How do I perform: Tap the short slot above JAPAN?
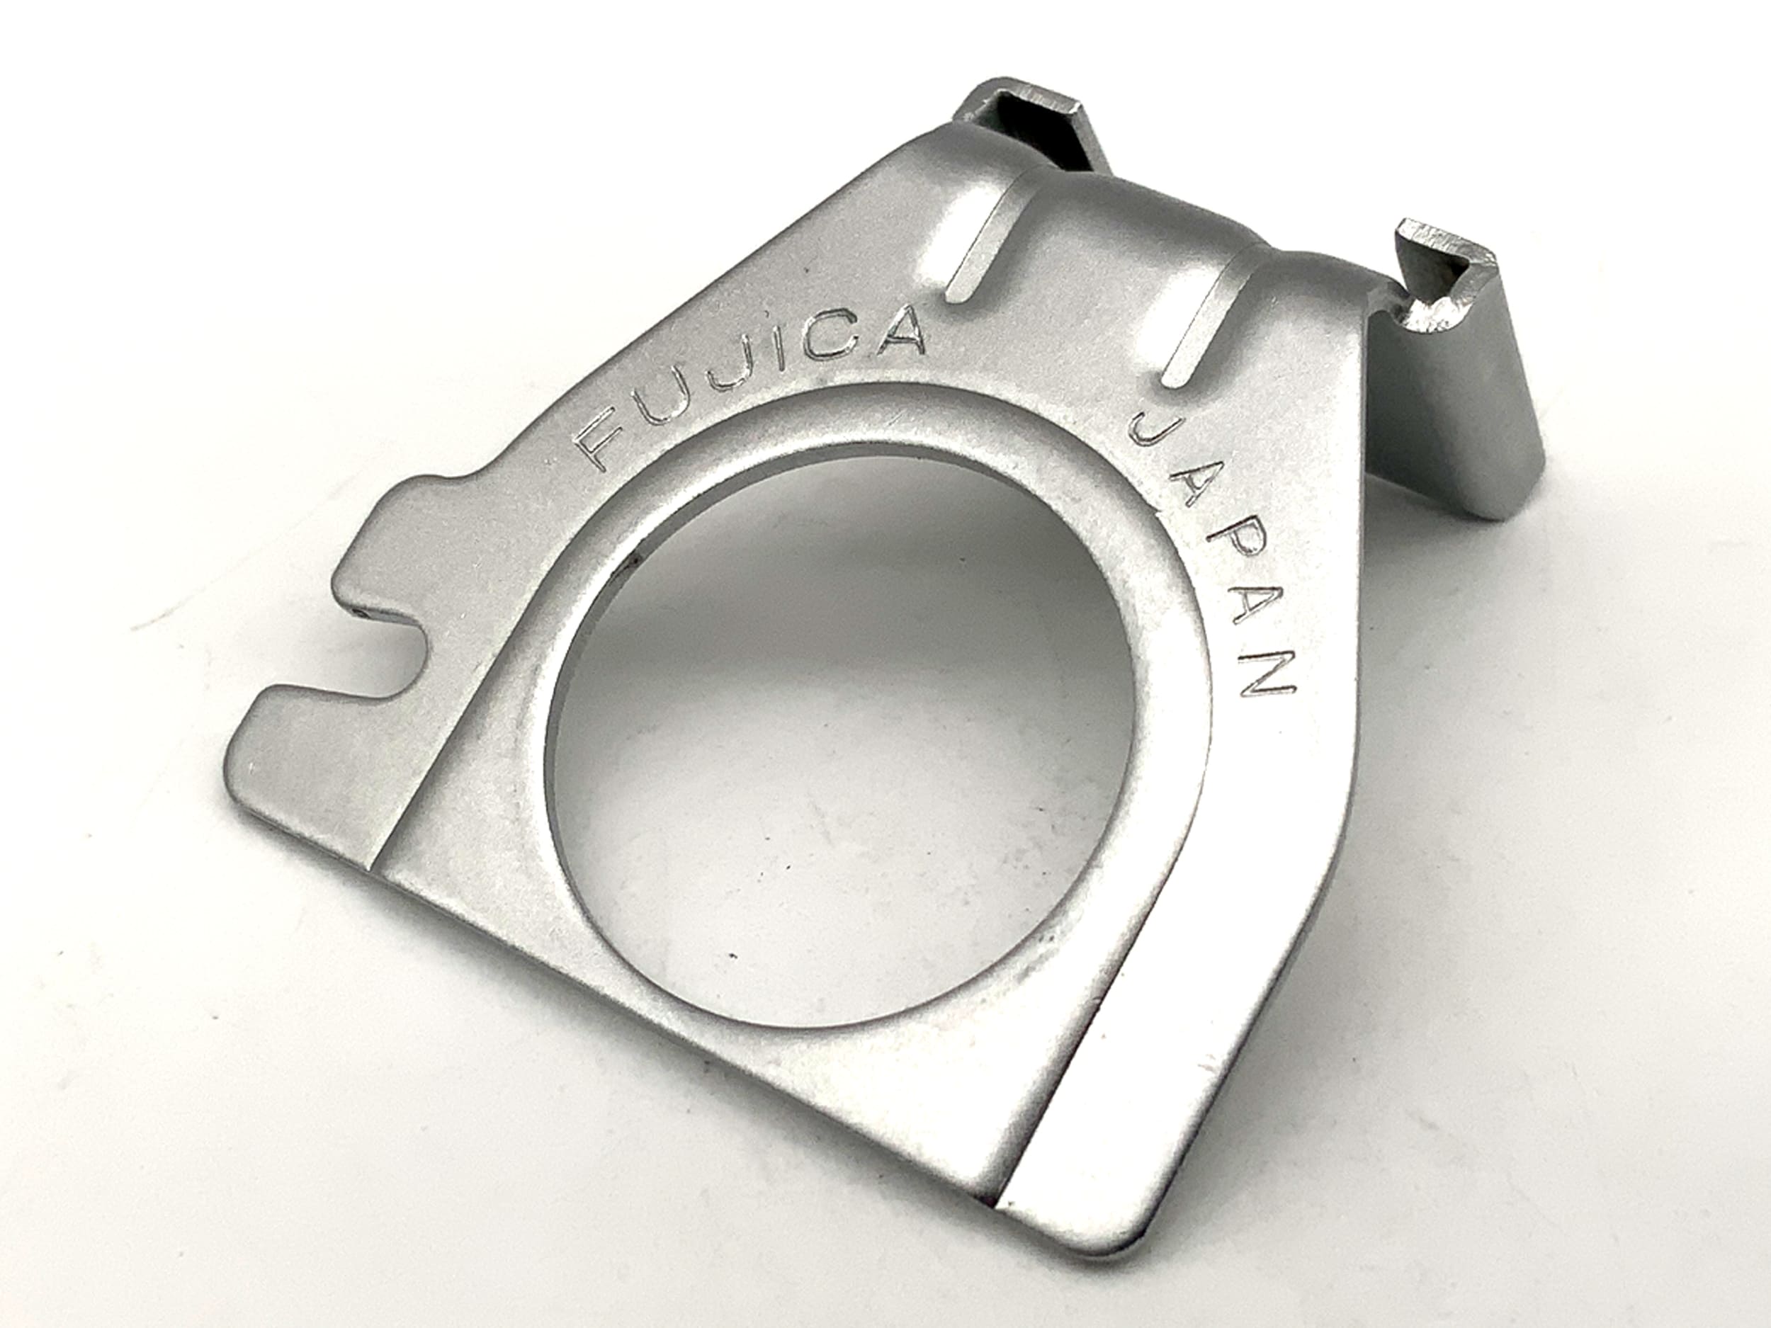1201,320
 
